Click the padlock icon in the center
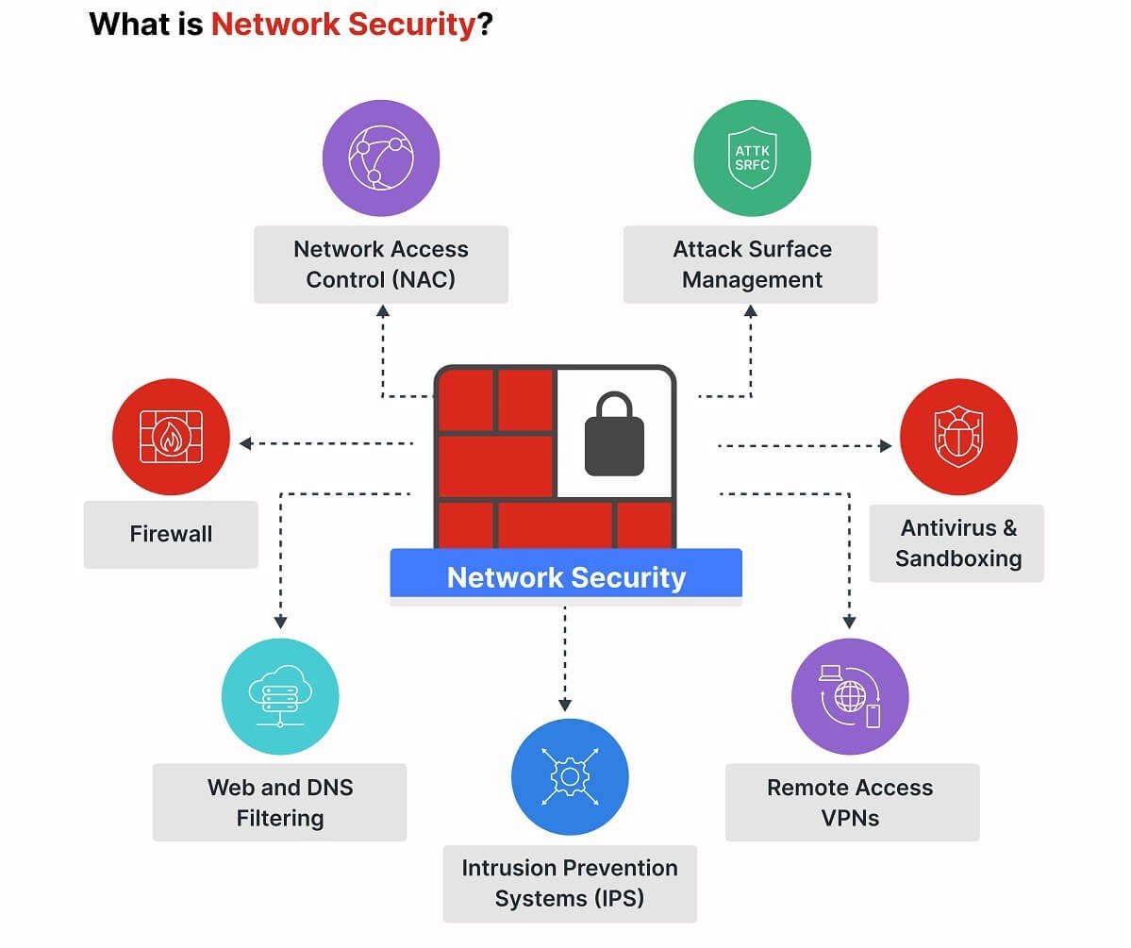614,435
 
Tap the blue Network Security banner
566,576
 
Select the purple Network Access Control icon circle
381,158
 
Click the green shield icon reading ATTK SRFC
752,158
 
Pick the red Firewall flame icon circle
171,437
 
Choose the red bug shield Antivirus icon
957,437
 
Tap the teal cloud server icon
280,696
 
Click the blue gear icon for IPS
570,777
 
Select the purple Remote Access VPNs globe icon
850,696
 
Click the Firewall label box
171,534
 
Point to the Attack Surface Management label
751,264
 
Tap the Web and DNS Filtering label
280,802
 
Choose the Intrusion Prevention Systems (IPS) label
570,883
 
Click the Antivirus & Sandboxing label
957,543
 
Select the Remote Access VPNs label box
851,802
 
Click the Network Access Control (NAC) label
381,264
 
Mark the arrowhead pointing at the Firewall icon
245,442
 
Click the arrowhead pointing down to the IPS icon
565,704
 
